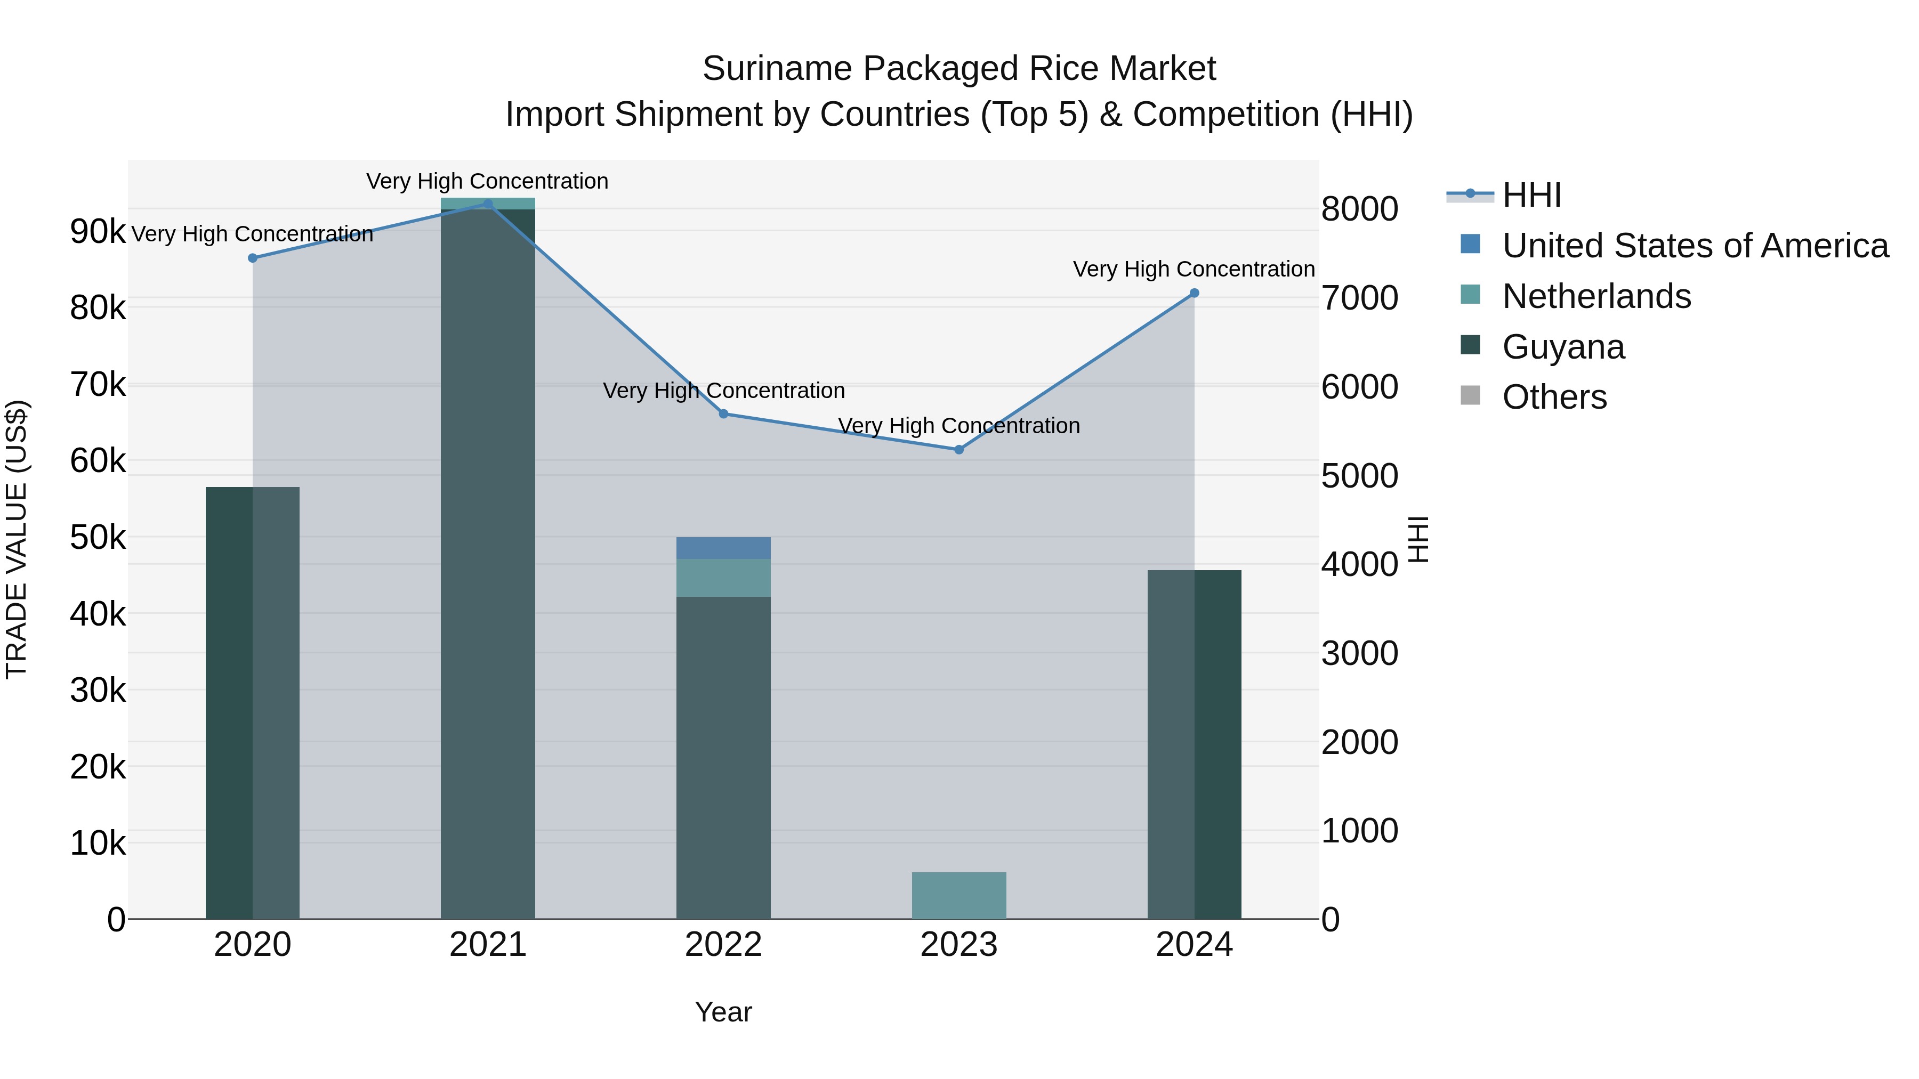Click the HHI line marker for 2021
click(x=488, y=204)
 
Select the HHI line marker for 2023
click(x=959, y=450)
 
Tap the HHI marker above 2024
click(x=1194, y=294)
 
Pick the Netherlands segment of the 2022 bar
click(x=723, y=578)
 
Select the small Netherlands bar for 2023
click(x=959, y=895)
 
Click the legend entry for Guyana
click(x=1563, y=347)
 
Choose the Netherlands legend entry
click(x=1595, y=296)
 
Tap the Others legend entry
click(x=1554, y=397)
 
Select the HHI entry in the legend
click(x=1531, y=195)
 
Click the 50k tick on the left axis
click(x=98, y=538)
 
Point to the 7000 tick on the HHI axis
click(x=1359, y=298)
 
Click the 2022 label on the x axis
click(x=723, y=945)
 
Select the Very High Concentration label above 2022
click(x=723, y=391)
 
